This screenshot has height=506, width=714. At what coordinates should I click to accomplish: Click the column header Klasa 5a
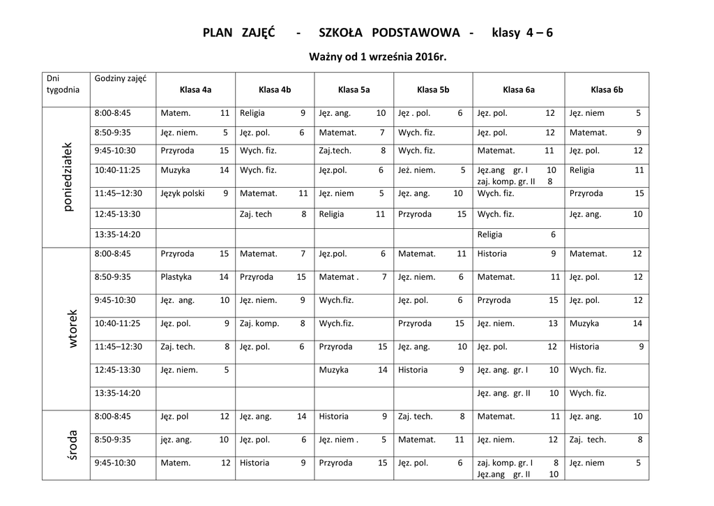[x=354, y=89]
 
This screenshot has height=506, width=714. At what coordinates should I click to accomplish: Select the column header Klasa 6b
[x=607, y=89]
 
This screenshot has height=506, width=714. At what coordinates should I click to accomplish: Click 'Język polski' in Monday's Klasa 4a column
[x=182, y=193]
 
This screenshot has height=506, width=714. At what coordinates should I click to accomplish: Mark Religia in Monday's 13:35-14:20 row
[x=489, y=235]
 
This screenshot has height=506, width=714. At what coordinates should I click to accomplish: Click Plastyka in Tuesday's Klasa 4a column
[x=176, y=277]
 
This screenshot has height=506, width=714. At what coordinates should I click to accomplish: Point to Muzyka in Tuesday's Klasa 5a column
[x=333, y=370]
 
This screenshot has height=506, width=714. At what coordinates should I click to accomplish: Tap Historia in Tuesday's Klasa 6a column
[x=492, y=254]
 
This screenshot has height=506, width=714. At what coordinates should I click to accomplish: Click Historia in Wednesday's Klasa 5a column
[x=333, y=417]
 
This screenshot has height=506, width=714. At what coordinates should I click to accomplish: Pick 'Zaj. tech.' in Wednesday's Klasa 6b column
[x=588, y=440]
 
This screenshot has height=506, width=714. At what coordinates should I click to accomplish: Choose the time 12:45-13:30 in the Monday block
[x=117, y=214]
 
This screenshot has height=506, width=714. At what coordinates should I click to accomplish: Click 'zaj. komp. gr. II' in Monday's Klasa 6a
[x=506, y=181]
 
